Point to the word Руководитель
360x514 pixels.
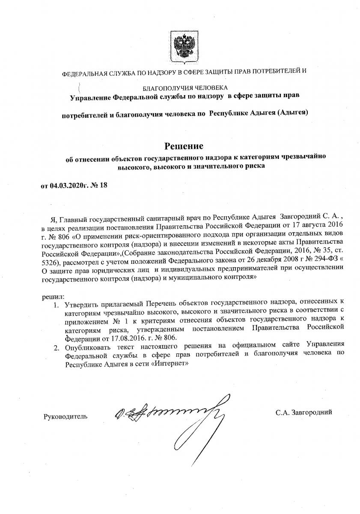point(65,416)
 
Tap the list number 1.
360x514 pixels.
point(56,305)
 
